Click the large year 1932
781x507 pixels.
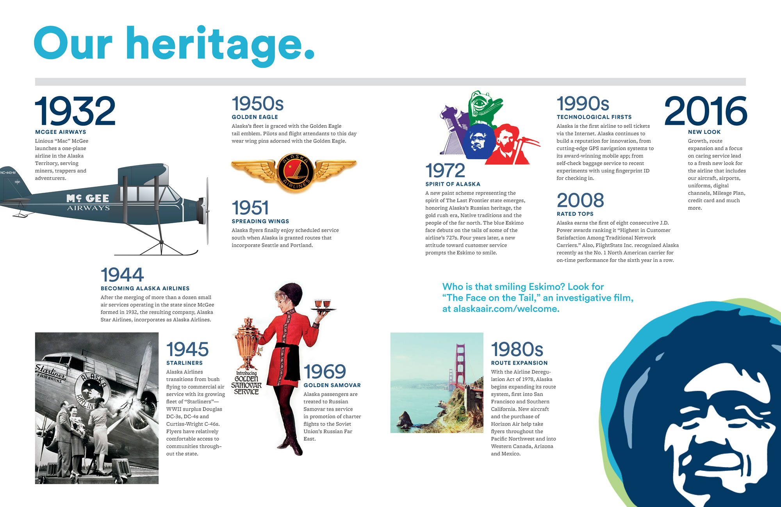point(75,111)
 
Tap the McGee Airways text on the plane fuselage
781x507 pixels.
point(88,202)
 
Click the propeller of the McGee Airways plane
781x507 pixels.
point(207,211)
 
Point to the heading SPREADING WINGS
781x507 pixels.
point(260,221)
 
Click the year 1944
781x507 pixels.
point(122,275)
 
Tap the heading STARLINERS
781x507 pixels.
point(184,363)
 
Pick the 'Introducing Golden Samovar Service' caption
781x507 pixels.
point(246,383)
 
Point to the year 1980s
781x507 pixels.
point(517,349)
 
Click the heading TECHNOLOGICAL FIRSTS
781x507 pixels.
point(594,117)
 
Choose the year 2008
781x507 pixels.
point(580,201)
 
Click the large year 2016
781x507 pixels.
point(706,111)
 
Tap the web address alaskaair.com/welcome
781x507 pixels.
point(506,309)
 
